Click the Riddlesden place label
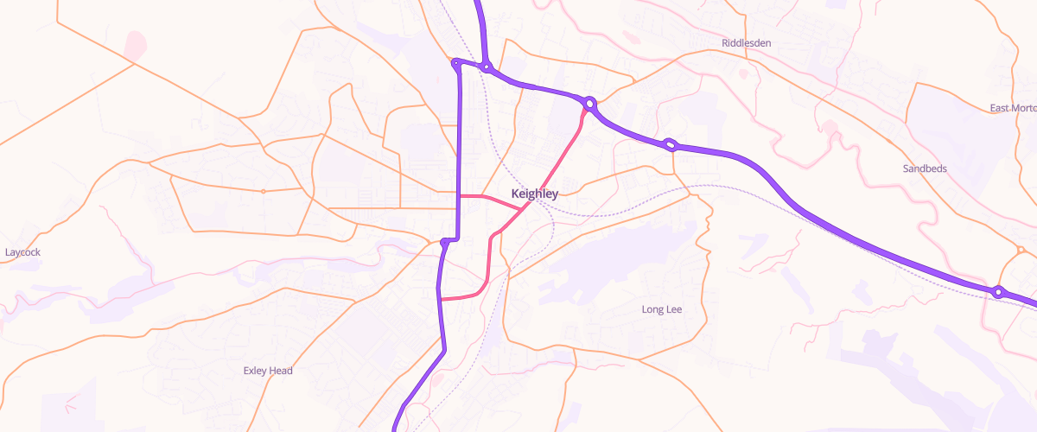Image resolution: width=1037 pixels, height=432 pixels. (x=746, y=42)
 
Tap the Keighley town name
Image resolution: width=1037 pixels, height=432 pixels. (x=534, y=194)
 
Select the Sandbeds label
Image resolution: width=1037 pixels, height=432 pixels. (x=924, y=168)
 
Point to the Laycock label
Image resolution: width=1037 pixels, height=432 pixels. (x=22, y=252)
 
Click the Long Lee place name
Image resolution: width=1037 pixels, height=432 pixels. (x=662, y=309)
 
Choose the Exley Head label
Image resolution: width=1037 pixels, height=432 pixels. (x=268, y=371)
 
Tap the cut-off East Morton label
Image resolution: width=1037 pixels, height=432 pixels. (x=1013, y=108)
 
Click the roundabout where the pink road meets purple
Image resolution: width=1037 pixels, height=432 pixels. (x=590, y=104)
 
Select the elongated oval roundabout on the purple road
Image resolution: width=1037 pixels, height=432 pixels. (x=670, y=144)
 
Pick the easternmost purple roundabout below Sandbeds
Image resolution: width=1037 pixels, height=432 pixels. (x=998, y=292)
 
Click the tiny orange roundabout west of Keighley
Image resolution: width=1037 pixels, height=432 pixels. (x=263, y=190)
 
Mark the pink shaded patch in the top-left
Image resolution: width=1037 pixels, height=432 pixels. (x=135, y=45)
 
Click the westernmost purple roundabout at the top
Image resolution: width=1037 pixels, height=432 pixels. (x=455, y=62)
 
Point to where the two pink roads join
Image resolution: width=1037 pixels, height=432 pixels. (x=520, y=208)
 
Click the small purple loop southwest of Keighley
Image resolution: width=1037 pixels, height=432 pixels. (x=446, y=242)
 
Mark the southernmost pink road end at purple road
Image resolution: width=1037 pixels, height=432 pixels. (x=441, y=299)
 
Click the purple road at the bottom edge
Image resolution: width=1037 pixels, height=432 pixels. (x=397, y=427)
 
